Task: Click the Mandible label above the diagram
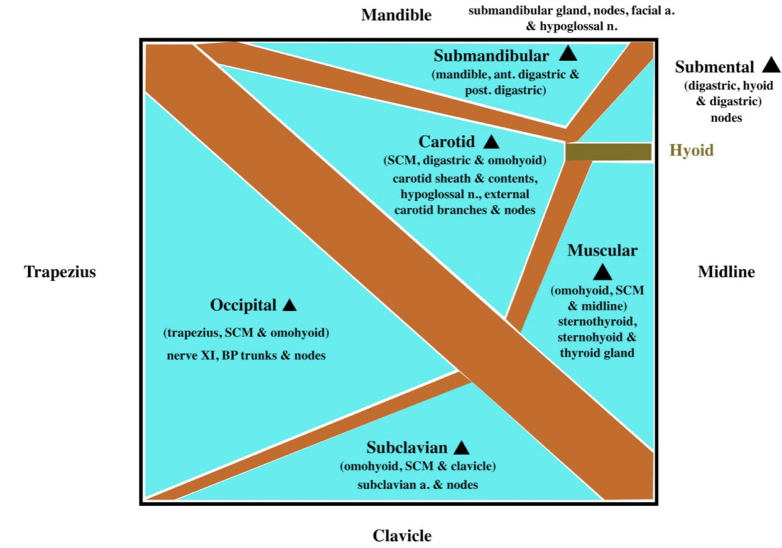click(396, 15)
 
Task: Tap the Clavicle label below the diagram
click(402, 536)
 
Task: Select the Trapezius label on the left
click(60, 272)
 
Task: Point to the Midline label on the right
click(726, 272)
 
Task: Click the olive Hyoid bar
click(608, 152)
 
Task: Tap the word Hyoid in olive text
click(692, 151)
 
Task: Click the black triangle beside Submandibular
click(567, 54)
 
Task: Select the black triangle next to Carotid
click(491, 142)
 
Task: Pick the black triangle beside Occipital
click(290, 305)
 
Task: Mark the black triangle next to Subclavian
click(462, 448)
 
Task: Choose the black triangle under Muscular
click(603, 273)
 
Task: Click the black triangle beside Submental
click(771, 66)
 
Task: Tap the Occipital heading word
click(243, 305)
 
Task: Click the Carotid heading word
click(447, 142)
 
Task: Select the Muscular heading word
click(602, 250)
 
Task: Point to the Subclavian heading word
click(407, 448)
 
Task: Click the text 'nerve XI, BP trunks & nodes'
click(246, 356)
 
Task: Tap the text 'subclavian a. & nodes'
click(417, 485)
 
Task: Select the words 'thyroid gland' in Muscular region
click(597, 353)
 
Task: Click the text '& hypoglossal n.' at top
click(572, 26)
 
